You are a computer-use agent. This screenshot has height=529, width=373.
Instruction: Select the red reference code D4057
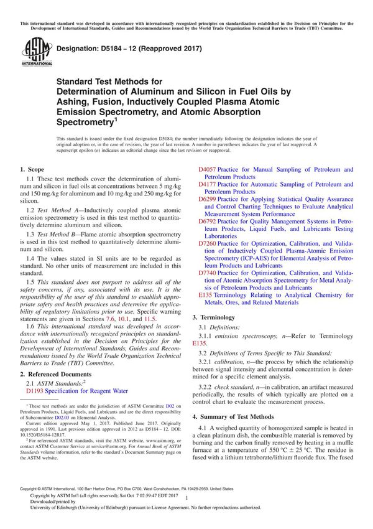coord(207,169)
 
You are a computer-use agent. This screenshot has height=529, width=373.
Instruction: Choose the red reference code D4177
coord(207,184)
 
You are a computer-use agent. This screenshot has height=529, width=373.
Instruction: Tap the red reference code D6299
coord(207,199)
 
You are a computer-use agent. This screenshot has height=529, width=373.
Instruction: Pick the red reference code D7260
coord(207,243)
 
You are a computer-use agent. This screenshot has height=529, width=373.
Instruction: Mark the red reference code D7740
coord(207,273)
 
